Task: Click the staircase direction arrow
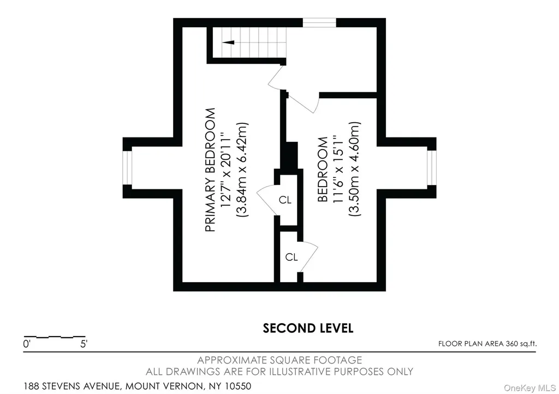[229, 43]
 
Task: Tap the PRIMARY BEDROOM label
[210, 170]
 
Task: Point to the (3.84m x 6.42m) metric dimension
[242, 170]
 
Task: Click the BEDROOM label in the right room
[322, 169]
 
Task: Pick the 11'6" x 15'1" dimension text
[338, 169]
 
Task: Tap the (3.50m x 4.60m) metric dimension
[355, 169]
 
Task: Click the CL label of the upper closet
[285, 200]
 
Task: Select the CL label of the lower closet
[292, 257]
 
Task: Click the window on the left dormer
[128, 168]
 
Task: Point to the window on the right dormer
[432, 168]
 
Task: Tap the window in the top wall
[319, 23]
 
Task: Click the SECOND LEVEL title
[308, 328]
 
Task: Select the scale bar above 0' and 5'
[55, 337]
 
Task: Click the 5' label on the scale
[84, 344]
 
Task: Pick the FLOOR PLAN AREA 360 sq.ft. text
[487, 344]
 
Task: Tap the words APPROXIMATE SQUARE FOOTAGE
[279, 360]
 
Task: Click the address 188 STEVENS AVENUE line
[137, 386]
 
